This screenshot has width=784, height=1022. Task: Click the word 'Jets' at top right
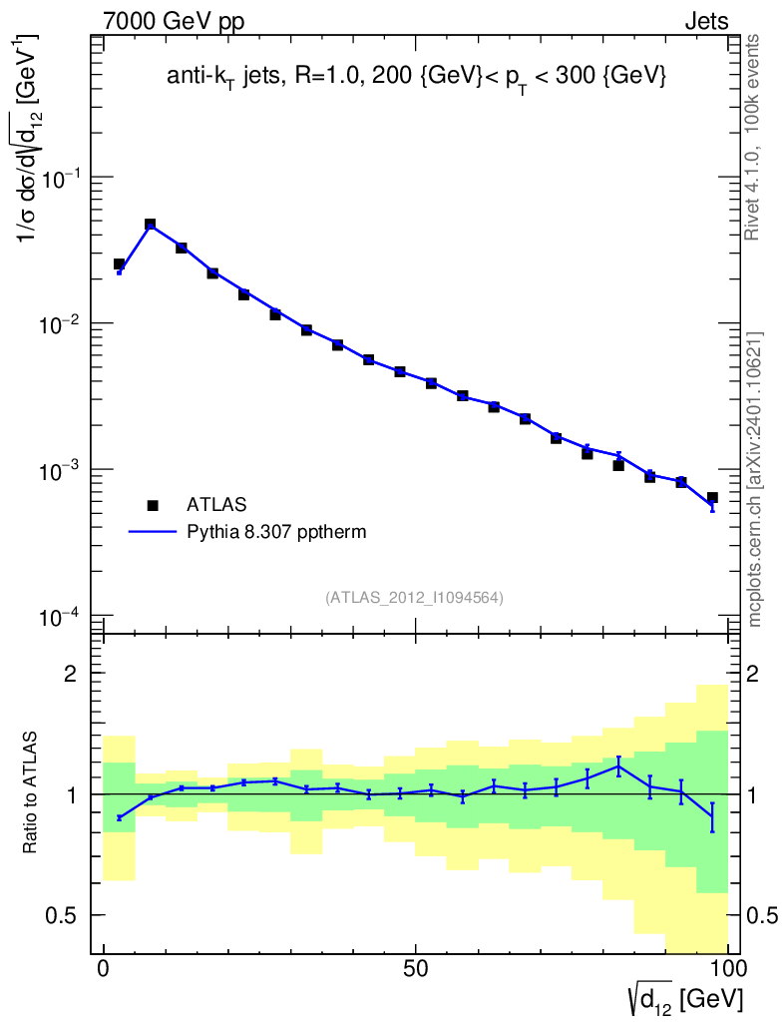(x=705, y=20)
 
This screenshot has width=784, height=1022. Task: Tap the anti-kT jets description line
(x=416, y=78)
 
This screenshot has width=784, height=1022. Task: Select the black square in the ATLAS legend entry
(x=153, y=505)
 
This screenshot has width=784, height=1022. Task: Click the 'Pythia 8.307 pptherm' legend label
(x=277, y=532)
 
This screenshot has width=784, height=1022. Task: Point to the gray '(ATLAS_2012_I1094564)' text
(x=414, y=598)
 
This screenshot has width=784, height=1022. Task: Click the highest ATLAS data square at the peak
(x=151, y=226)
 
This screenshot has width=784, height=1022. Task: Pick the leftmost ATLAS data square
(x=119, y=264)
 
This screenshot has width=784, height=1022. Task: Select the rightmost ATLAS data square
(x=712, y=497)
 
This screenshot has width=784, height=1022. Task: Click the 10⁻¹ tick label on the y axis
(x=62, y=178)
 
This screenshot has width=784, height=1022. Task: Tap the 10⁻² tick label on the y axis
(x=62, y=324)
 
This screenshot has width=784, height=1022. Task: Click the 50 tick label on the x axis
(x=416, y=968)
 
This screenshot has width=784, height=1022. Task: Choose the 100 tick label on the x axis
(x=727, y=968)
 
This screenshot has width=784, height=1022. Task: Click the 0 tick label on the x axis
(x=104, y=968)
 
